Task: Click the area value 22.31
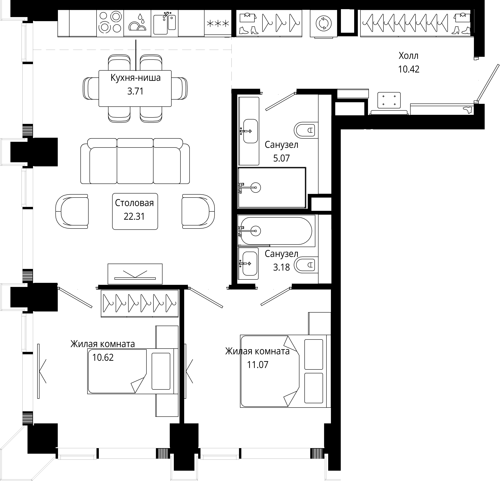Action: pos(134,216)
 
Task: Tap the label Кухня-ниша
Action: pos(135,78)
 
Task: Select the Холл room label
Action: pos(408,56)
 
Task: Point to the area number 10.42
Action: pos(409,69)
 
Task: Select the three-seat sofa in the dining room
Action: pos(135,161)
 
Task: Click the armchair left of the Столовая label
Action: pos(72,211)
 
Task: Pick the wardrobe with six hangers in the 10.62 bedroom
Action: pos(139,303)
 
